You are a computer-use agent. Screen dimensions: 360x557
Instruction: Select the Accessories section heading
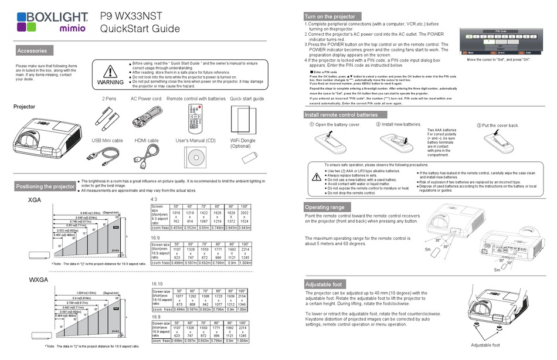pyautogui.click(x=32, y=51)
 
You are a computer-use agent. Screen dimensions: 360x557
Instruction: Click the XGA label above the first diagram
pyautogui.click(x=35, y=201)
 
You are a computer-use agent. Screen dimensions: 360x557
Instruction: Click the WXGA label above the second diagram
pyautogui.click(x=38, y=280)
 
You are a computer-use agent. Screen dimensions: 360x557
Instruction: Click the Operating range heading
pyautogui.click(x=325, y=207)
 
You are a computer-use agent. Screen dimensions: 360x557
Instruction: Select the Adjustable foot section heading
pyautogui.click(x=324, y=284)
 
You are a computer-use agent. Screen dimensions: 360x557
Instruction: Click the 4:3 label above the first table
pyautogui.click(x=155, y=200)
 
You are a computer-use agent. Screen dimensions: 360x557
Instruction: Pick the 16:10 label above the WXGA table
pyautogui.click(x=157, y=283)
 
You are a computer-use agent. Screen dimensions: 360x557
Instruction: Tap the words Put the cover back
pyautogui.click(x=500, y=125)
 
